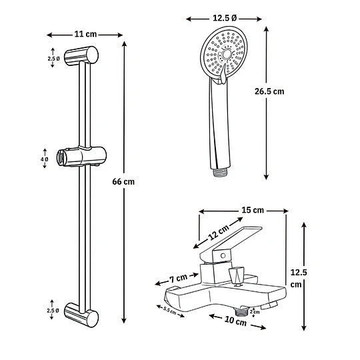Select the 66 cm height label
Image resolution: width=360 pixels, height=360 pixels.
(123, 181)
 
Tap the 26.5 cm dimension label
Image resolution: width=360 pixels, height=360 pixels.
(269, 91)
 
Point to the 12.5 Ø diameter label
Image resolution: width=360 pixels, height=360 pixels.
(224, 18)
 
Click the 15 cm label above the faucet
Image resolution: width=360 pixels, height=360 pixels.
(253, 210)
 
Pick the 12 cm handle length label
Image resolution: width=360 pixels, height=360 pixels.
(219, 232)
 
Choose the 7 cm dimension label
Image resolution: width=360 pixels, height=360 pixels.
(179, 278)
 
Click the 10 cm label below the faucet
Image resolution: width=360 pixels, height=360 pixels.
(235, 321)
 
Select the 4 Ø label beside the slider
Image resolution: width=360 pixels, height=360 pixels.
(45, 159)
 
